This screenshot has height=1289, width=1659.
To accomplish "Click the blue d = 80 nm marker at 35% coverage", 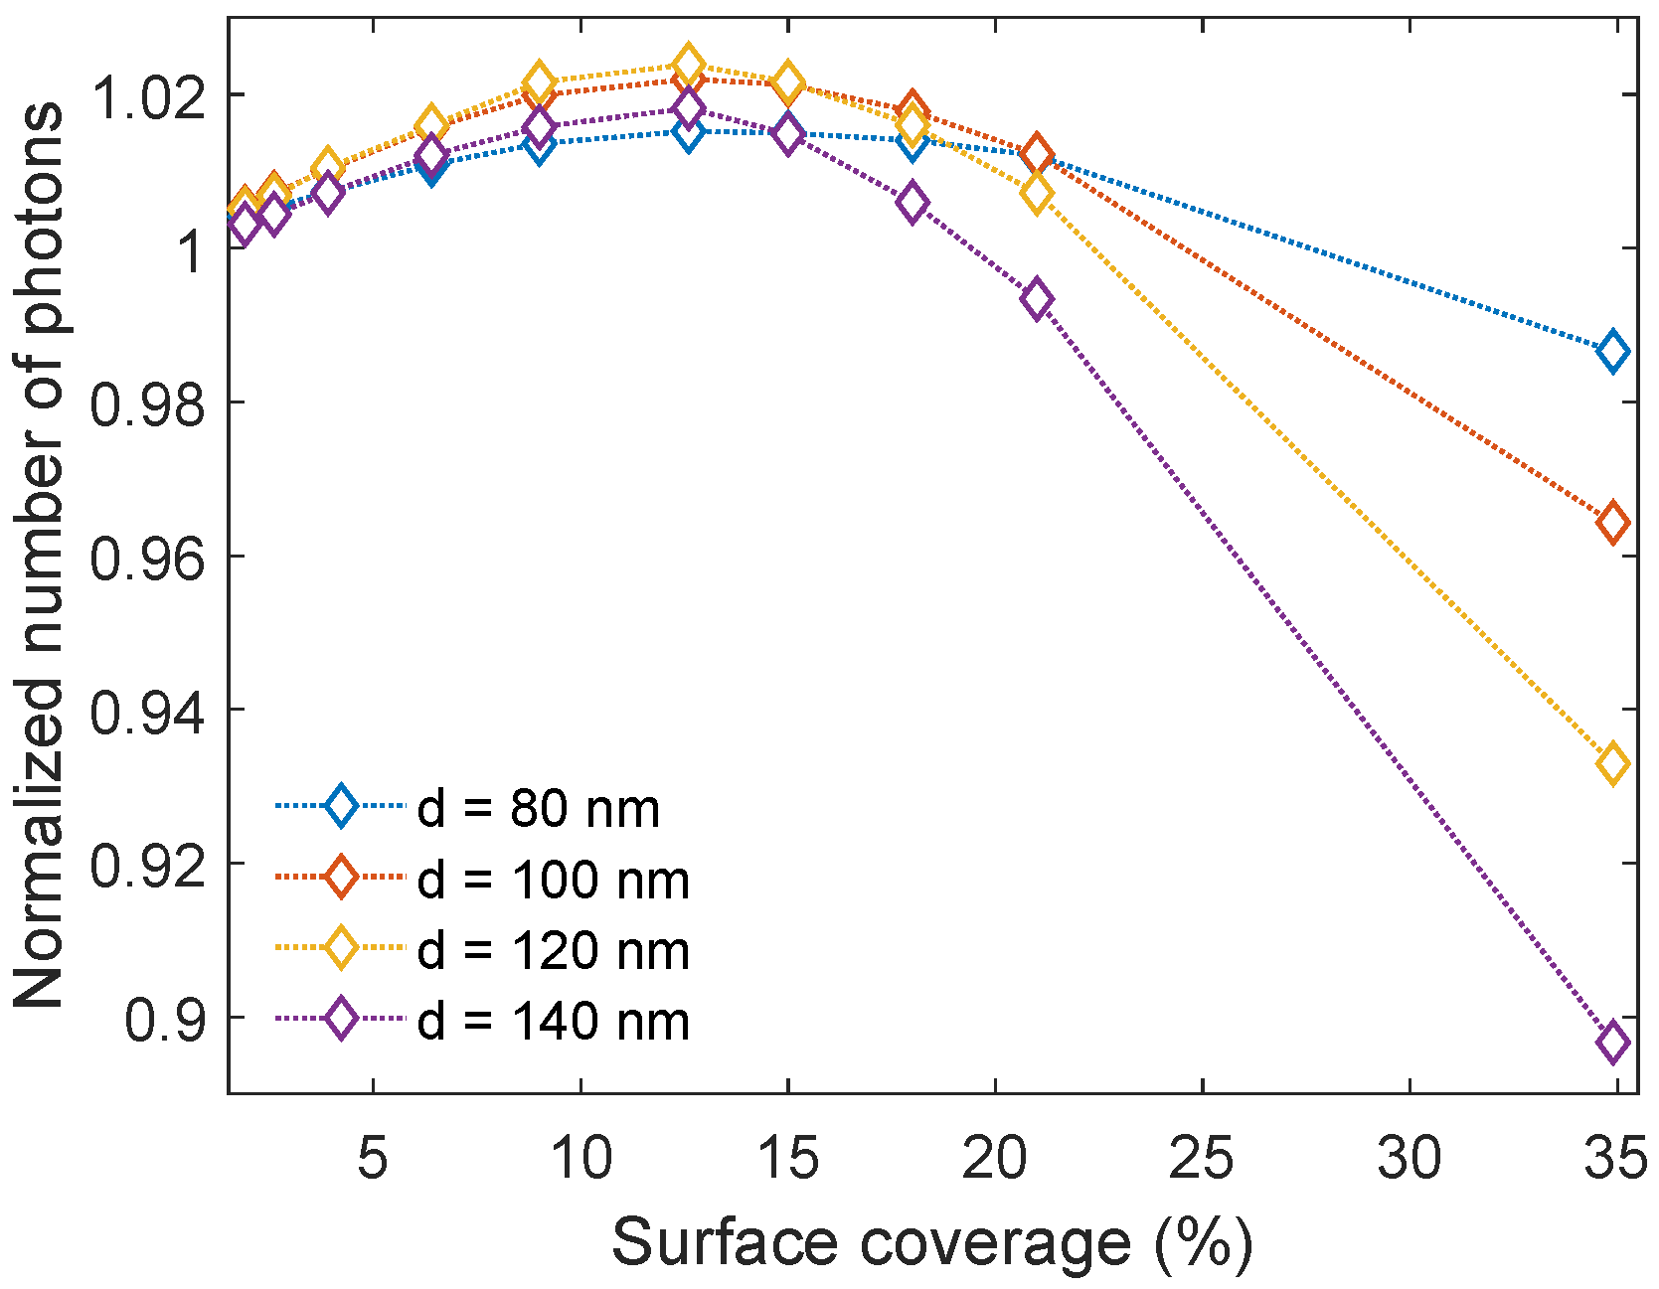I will pyautogui.click(x=1612, y=352).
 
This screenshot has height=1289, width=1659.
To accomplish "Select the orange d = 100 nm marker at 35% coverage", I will pyautogui.click(x=1612, y=522).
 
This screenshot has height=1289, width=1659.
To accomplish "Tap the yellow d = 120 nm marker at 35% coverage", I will pyautogui.click(x=1612, y=763).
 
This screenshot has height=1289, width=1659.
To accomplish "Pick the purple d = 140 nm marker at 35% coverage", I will pyautogui.click(x=1612, y=1043).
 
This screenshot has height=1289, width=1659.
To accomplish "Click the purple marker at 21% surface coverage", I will pyautogui.click(x=1037, y=299).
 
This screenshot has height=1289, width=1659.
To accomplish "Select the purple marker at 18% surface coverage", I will pyautogui.click(x=912, y=203).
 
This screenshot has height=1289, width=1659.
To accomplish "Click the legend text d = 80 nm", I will pyautogui.click(x=538, y=809).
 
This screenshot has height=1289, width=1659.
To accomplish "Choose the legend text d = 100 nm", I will pyautogui.click(x=553, y=881).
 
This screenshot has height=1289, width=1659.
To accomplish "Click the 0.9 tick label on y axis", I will pyautogui.click(x=164, y=1020).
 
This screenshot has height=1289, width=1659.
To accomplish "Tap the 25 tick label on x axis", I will pyautogui.click(x=1201, y=1159).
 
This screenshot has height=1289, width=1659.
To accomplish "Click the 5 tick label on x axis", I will pyautogui.click(x=372, y=1159).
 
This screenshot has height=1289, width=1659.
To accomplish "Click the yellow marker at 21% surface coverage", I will pyautogui.click(x=1037, y=194).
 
